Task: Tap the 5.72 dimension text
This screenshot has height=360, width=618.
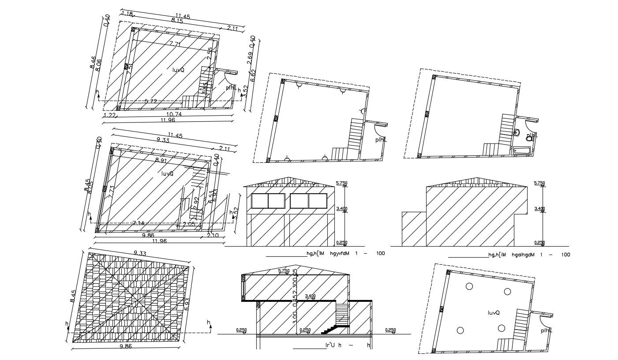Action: [151, 101]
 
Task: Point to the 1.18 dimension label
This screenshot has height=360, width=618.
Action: [127, 14]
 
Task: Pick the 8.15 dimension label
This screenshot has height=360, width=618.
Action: [177, 21]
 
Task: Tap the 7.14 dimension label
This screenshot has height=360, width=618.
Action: [139, 223]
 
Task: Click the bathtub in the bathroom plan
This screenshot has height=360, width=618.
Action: [523, 150]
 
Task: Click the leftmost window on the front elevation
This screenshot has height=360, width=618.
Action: [260, 201]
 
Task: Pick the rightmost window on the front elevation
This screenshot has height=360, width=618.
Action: [317, 201]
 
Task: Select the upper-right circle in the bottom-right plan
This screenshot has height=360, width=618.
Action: [508, 292]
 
